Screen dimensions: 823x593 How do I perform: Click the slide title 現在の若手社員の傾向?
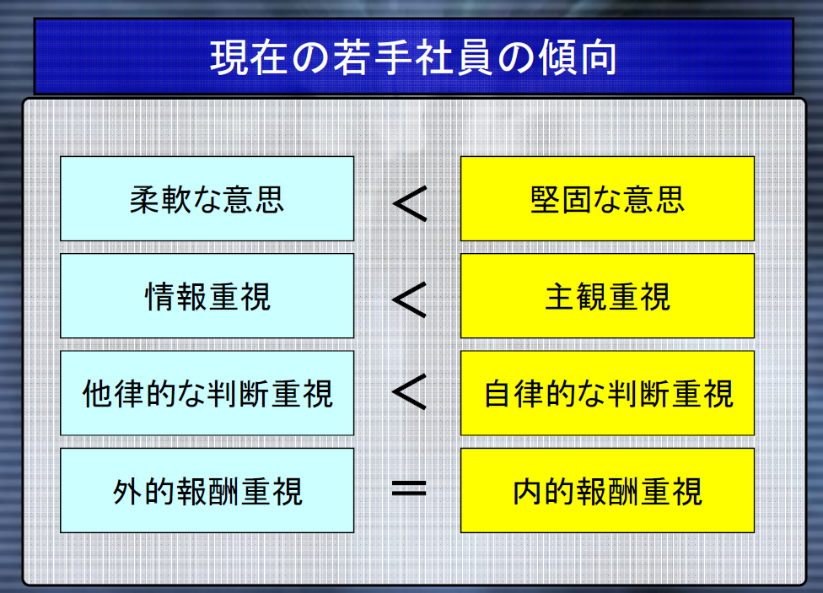[413, 57]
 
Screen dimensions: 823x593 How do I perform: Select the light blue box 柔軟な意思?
[207, 198]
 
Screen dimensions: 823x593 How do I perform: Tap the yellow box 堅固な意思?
[607, 198]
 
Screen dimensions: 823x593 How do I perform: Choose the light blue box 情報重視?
[207, 296]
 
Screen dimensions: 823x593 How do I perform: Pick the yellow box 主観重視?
[607, 296]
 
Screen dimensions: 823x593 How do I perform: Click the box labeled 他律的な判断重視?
[207, 393]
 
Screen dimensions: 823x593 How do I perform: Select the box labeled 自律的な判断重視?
[607, 393]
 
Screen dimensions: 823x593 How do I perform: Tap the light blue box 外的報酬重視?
[207, 491]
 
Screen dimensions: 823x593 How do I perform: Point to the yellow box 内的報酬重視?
[607, 491]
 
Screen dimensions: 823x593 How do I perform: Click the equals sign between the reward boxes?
[409, 489]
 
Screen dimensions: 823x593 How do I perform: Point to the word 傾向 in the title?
[578, 57]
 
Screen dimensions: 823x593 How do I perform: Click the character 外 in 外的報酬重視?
[127, 492]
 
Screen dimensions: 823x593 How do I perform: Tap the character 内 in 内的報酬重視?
[527, 492]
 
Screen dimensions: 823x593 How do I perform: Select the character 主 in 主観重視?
[560, 297]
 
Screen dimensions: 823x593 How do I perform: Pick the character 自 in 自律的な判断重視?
[498, 394]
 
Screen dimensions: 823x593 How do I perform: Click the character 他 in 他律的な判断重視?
[97, 394]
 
